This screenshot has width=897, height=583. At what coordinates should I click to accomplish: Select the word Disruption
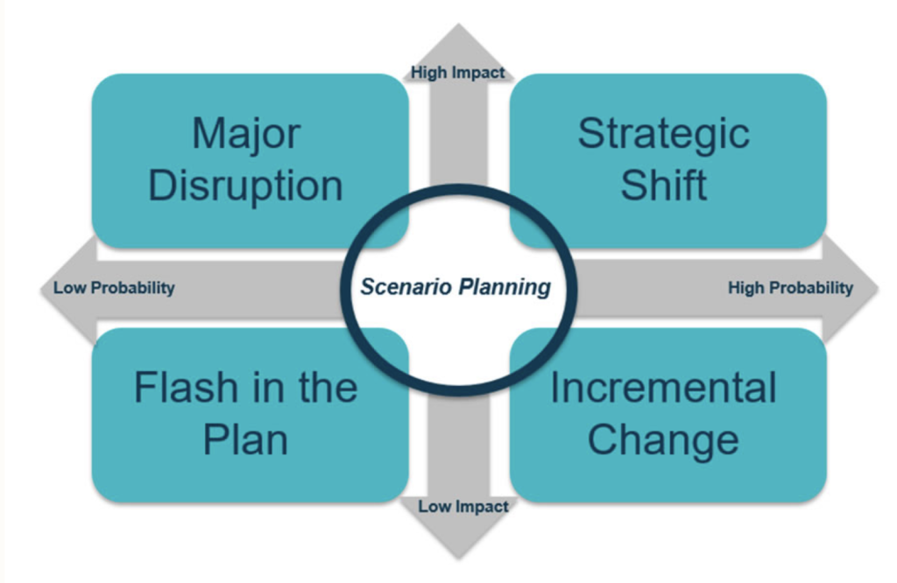245,186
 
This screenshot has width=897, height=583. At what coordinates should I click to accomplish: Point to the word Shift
664,185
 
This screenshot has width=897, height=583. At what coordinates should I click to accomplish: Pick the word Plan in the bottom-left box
245,440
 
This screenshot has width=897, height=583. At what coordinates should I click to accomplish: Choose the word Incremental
664,387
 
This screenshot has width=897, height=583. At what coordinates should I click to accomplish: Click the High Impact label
457,73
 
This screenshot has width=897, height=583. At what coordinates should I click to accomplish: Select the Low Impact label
463,507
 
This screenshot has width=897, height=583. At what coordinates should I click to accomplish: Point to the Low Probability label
114,287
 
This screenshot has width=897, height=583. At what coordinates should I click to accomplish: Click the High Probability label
790,287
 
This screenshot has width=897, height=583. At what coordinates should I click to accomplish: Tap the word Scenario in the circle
406,286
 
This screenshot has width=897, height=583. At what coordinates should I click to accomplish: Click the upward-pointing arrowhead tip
458,24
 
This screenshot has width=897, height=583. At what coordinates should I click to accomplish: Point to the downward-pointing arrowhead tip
458,558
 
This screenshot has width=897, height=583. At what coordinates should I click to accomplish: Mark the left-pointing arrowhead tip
41,289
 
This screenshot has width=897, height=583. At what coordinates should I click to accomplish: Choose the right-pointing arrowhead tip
878,289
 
